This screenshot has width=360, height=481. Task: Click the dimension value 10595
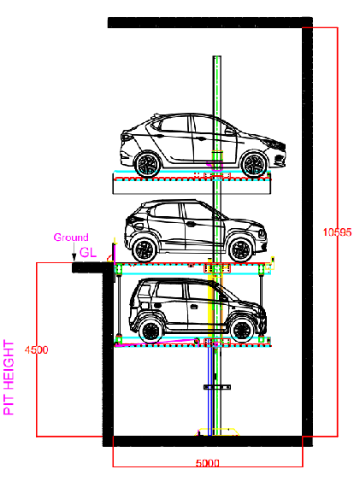tap(337, 232)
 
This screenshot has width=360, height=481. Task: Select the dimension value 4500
tap(37, 349)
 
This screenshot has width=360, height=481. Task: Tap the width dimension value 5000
tap(208, 462)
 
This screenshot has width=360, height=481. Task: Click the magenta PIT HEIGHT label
tap(9, 378)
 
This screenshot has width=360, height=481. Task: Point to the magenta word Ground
tap(71, 238)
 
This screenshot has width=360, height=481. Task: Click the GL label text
tap(88, 252)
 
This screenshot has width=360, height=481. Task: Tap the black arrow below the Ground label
tap(74, 253)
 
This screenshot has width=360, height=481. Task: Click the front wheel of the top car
tap(253, 165)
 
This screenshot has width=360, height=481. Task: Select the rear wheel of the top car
tap(148, 165)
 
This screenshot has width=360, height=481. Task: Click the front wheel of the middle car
tap(241, 249)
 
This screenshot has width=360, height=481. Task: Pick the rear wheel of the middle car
tap(144, 249)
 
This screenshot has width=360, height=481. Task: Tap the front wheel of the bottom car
tap(242, 331)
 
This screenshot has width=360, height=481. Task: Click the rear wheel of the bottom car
tap(150, 331)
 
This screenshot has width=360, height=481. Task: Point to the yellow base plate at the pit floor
tap(217, 431)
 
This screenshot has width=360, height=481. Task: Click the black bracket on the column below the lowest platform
tap(217, 387)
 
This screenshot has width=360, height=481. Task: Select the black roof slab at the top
tap(210, 23)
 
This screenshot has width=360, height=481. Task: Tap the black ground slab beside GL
tap(92, 267)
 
